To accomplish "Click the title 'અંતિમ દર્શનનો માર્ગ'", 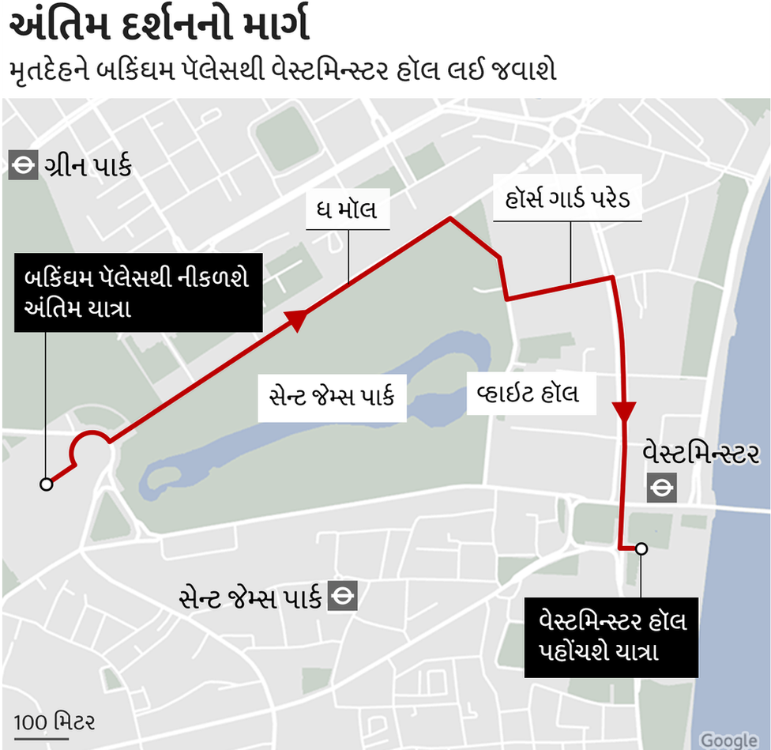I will click(158, 27).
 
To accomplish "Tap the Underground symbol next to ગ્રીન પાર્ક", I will click(23, 166).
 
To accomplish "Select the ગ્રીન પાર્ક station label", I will click(86, 167).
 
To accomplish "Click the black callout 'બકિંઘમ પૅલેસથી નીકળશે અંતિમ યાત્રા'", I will click(137, 293).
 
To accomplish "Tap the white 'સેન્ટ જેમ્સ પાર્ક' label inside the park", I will click(332, 394).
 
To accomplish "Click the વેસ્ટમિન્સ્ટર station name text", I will click(702, 454).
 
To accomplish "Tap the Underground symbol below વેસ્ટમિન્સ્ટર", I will click(660, 488).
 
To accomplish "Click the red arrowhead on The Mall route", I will click(297, 318).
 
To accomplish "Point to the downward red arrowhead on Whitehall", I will click(624, 412).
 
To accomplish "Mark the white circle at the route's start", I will click(47, 484).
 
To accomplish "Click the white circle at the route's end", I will click(641, 548).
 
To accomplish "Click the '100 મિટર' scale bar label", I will click(55, 722).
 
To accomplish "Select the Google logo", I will click(729, 740).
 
